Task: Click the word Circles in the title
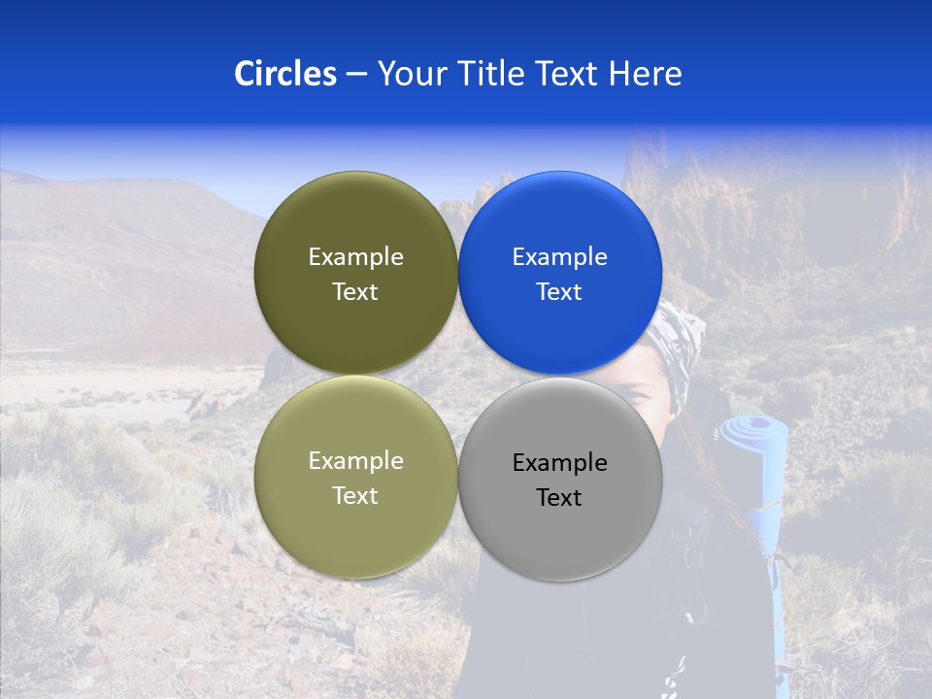(284, 74)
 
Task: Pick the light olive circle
(355, 524)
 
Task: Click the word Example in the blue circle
(560, 257)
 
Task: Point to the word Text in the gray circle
(559, 498)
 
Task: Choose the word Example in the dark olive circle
(355, 257)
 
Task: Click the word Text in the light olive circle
(355, 496)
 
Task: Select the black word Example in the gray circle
(560, 463)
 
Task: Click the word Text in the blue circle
(559, 292)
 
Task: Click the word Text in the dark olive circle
(355, 292)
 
